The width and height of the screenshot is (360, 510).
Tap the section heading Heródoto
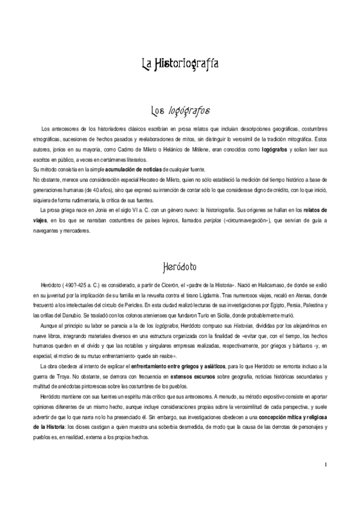click(179, 265)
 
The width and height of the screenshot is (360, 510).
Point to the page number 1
click(325, 464)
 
